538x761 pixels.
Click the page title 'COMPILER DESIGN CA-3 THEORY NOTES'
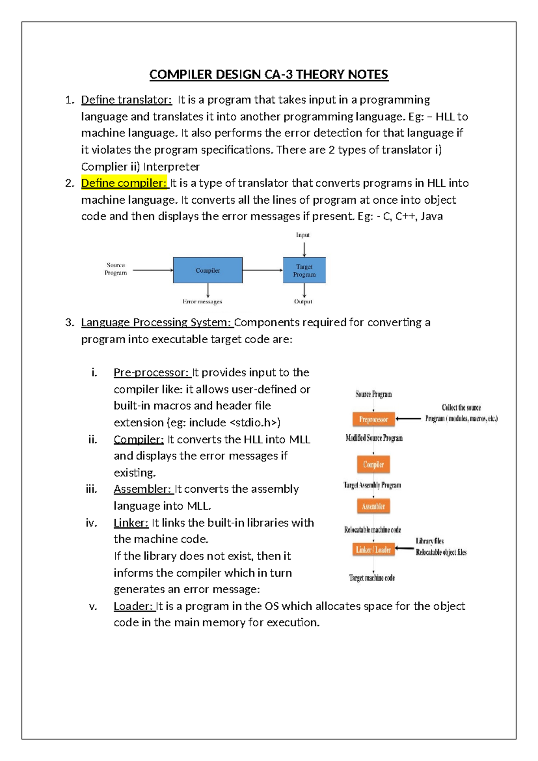(x=269, y=74)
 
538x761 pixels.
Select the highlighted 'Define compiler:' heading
(x=124, y=183)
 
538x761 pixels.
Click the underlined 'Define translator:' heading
(x=126, y=100)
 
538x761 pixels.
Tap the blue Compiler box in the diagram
(x=208, y=270)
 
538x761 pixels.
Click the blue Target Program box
(x=304, y=270)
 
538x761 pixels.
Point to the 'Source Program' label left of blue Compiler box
(x=116, y=269)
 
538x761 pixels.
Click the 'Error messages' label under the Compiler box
(x=202, y=302)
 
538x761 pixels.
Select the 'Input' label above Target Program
(x=303, y=235)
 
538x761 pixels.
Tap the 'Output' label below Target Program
(x=303, y=302)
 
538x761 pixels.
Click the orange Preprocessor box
(x=373, y=419)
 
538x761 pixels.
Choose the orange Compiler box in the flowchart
(x=373, y=464)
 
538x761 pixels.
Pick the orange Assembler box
(x=373, y=506)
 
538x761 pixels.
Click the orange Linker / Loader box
(x=373, y=549)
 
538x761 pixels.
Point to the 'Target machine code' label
(x=372, y=578)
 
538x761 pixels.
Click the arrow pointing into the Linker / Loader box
(x=404, y=548)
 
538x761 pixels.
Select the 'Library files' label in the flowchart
(x=430, y=541)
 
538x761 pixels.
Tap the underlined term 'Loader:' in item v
(x=134, y=606)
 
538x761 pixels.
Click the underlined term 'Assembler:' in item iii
(x=143, y=489)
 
